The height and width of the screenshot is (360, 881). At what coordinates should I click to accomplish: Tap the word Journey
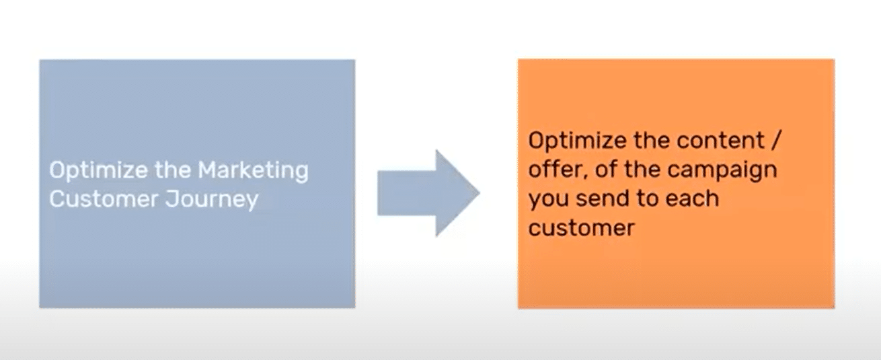[212, 200]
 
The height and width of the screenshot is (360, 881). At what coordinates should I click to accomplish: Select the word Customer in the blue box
[104, 199]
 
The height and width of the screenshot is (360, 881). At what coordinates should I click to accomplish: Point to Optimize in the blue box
[98, 171]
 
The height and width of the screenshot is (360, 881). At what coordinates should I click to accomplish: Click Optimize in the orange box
[577, 141]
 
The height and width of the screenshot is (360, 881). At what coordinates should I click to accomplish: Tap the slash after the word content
[775, 141]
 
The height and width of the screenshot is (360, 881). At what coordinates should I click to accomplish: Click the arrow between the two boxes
[428, 193]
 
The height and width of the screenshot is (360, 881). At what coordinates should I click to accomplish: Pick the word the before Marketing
[172, 170]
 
